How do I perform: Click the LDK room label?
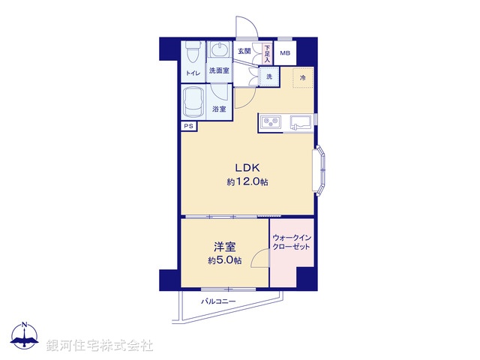coord(247,167)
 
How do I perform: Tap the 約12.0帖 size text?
coord(247,182)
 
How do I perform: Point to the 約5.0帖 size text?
coord(225,260)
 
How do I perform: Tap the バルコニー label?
coord(218,301)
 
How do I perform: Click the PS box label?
coord(188,126)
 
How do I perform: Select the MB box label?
coord(285,53)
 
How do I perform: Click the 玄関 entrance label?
coord(244,51)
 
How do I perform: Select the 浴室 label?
coord(220,109)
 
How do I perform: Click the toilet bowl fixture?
coord(193,52)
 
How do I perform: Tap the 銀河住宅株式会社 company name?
coord(100,346)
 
